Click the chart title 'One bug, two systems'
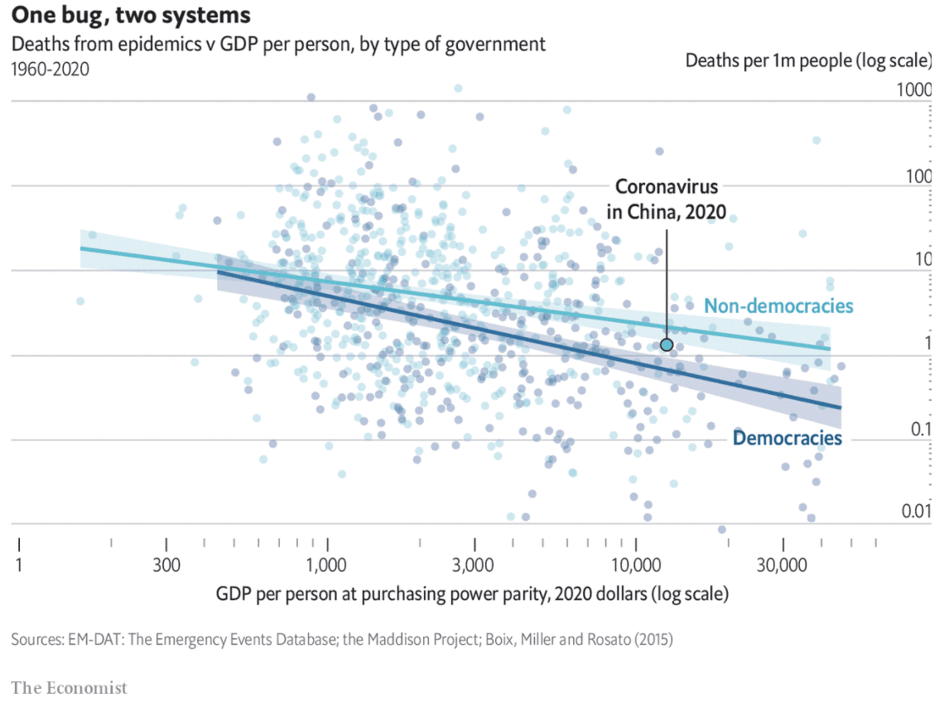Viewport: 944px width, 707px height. pos(131,17)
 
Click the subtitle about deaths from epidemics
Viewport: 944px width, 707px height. pos(278,44)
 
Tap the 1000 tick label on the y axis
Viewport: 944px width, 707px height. pos(915,90)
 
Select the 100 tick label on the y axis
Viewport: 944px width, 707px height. pos(918,176)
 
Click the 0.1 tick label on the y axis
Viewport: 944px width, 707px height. pos(918,429)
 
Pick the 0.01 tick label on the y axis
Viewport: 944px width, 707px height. pos(916,513)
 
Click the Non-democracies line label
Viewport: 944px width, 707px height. pos(778,305)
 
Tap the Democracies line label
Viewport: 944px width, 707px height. pos(787,438)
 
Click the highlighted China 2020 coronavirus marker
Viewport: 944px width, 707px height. pos(666,344)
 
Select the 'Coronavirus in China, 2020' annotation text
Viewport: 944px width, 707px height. pos(666,200)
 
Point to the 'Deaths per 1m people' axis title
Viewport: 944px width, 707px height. pos(808,61)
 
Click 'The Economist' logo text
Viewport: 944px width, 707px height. pos(70,687)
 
